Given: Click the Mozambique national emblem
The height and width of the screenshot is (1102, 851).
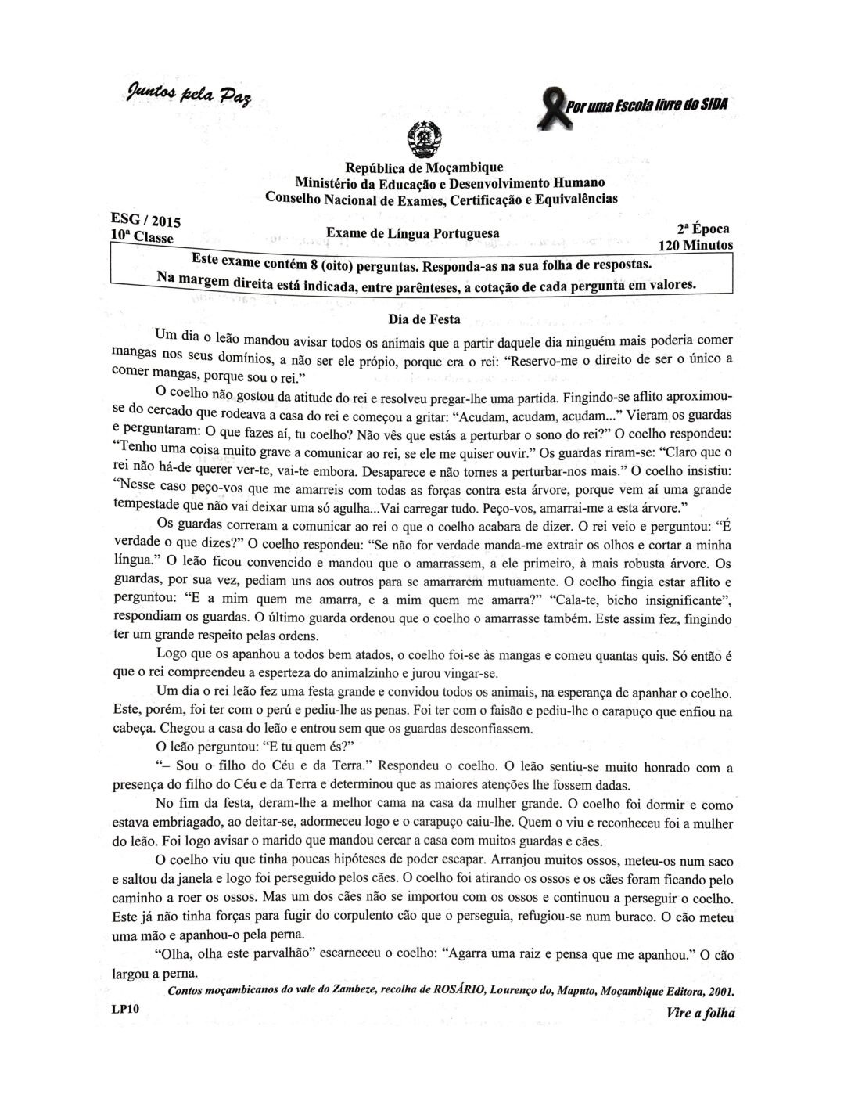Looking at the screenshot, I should pyautogui.click(x=424, y=140).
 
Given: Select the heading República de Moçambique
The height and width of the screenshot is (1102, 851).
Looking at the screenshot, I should pyautogui.click(x=424, y=167).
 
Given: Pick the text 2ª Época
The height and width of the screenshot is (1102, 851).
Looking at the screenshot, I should pyautogui.click(x=703, y=229).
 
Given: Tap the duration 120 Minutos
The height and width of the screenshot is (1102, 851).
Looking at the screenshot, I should pyautogui.click(x=696, y=245).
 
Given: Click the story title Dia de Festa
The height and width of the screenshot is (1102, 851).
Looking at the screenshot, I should pyautogui.click(x=424, y=319).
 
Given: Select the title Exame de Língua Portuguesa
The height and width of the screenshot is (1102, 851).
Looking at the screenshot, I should pyautogui.click(x=412, y=232).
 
